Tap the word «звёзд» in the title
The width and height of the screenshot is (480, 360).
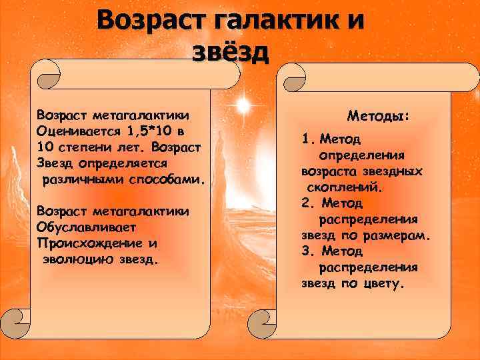(x=231, y=51)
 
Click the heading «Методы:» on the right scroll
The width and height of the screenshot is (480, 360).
(x=379, y=116)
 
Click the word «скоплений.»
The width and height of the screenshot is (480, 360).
(x=344, y=187)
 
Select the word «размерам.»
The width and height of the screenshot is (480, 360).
(x=396, y=235)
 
